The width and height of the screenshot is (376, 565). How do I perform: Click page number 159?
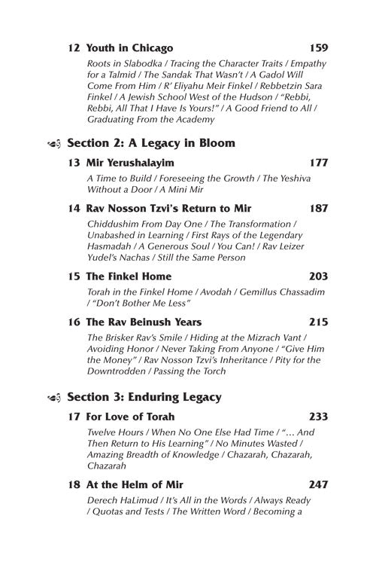coord(318,48)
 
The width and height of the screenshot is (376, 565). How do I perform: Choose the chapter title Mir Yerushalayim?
coord(130,162)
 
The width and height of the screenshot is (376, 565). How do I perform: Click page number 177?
coord(318,162)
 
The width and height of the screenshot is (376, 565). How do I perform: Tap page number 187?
coord(318,208)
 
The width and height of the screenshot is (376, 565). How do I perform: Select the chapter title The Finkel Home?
coord(129,276)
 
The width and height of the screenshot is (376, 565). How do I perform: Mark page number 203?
coord(318,276)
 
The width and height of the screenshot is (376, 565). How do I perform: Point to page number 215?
coord(318,322)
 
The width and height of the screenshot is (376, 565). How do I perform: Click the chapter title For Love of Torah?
coord(131,416)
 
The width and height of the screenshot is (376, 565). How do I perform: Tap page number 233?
coord(318,416)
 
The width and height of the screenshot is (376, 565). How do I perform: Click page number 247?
coord(318,484)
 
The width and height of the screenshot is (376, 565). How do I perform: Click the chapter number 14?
coord(73,208)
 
